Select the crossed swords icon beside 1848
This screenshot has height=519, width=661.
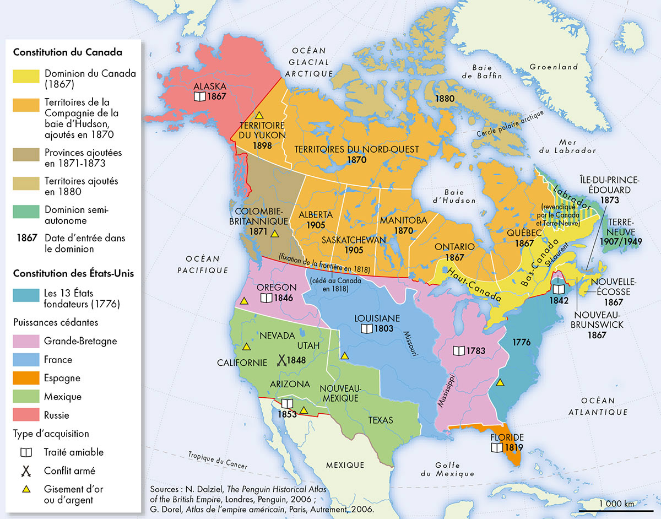pyautogui.click(x=281, y=360)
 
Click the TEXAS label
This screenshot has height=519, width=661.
pyautogui.click(x=381, y=420)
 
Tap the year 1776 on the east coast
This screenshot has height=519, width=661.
pyautogui.click(x=521, y=343)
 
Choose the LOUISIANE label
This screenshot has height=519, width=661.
pyautogui.click(x=377, y=318)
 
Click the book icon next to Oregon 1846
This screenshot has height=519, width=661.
pyautogui.click(x=267, y=298)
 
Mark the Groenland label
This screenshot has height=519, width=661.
pyautogui.click(x=554, y=67)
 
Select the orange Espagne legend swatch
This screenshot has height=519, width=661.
pyautogui.click(x=26, y=378)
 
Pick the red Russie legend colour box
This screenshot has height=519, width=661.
pyautogui.click(x=26, y=415)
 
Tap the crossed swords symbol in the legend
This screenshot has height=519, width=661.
pyautogui.click(x=25, y=471)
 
